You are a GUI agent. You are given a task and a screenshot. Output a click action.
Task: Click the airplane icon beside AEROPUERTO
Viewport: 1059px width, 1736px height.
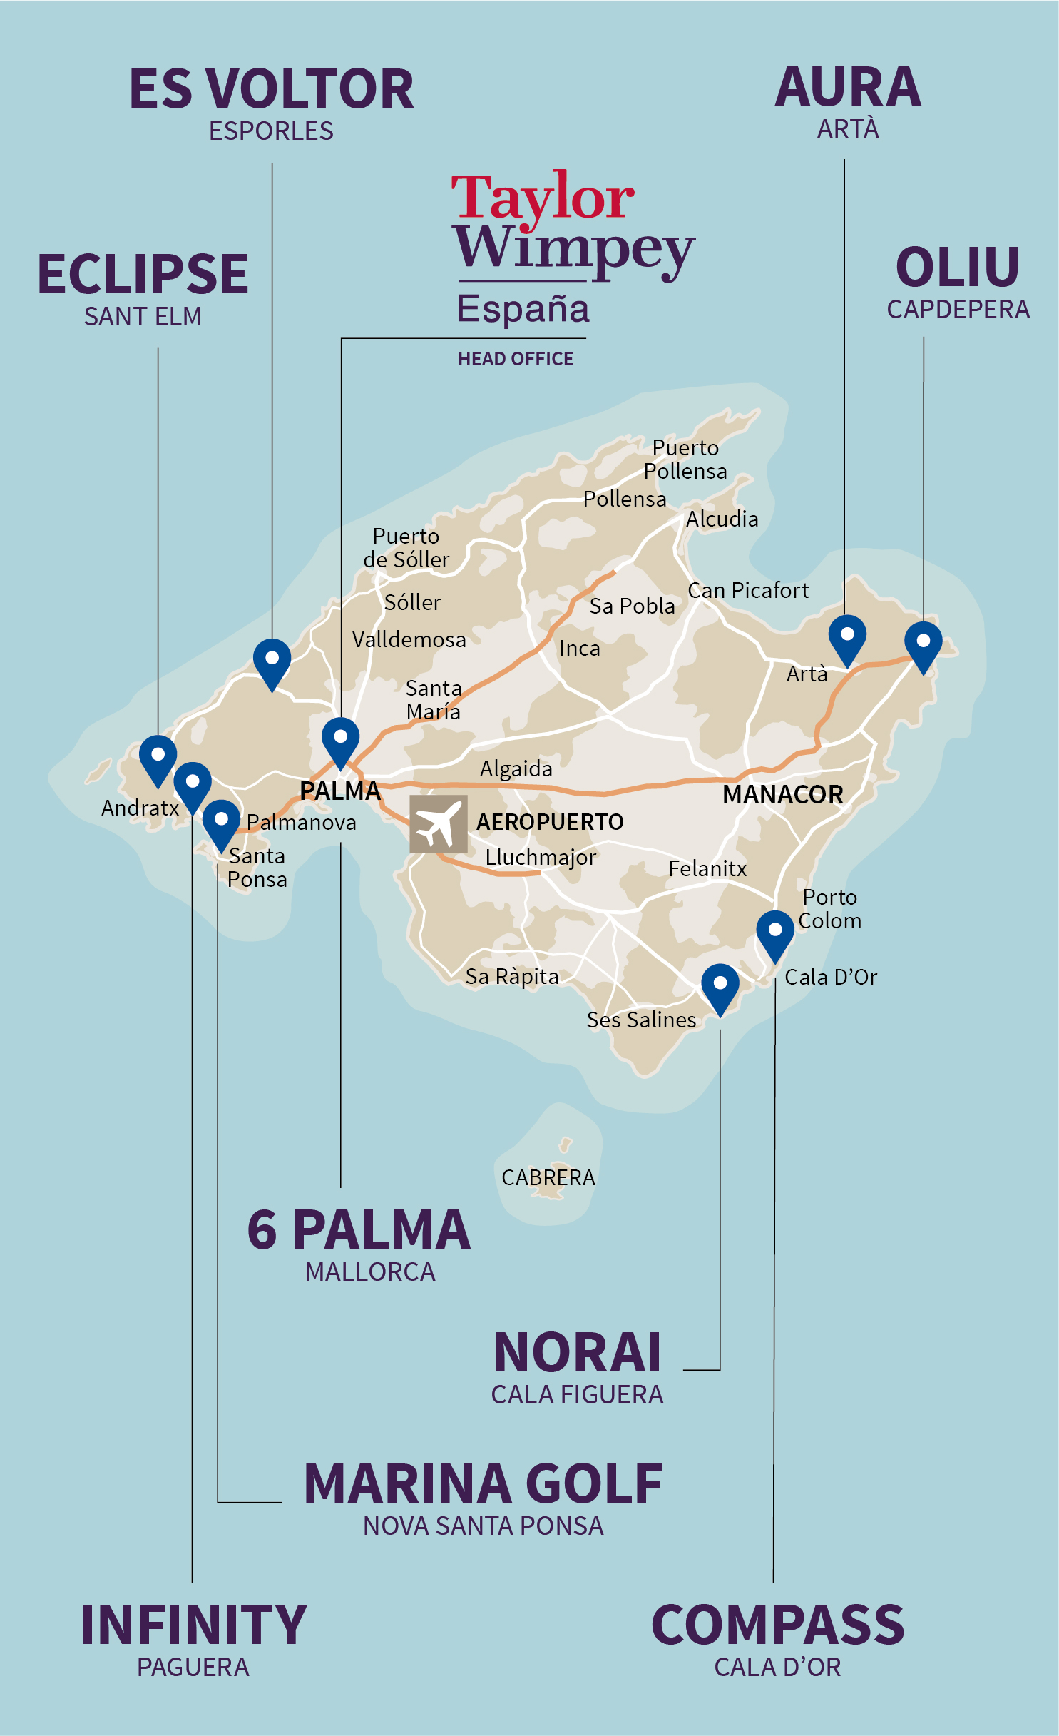pos(438,824)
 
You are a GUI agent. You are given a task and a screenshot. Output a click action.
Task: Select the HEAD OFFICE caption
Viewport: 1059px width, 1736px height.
pos(515,359)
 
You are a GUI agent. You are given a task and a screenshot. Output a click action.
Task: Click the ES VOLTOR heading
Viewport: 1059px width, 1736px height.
pos(271,90)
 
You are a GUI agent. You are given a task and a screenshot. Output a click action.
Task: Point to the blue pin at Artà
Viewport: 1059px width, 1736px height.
pos(847,637)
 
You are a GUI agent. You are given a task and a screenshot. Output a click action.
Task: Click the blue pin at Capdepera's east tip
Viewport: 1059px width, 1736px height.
pos(923,644)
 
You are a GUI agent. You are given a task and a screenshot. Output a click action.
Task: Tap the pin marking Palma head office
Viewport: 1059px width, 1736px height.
pos(340,740)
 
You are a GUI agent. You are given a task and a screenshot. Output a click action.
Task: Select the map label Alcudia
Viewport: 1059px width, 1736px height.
pos(722,519)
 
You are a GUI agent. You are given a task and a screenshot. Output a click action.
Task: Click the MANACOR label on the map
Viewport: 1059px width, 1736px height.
pos(782,794)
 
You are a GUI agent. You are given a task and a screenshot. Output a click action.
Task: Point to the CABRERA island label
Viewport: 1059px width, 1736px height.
pos(548,1177)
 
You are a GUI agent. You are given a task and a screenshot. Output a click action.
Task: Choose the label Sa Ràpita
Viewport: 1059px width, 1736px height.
pos(511,976)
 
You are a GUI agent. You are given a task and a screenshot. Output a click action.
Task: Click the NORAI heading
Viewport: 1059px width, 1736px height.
pos(577,1352)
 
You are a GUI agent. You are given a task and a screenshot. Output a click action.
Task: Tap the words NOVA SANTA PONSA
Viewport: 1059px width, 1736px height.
pos(483,1526)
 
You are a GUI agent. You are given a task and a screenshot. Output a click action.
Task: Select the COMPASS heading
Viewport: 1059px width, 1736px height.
pos(777,1625)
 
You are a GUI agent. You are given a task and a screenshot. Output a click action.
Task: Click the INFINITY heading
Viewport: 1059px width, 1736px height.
pos(193,1625)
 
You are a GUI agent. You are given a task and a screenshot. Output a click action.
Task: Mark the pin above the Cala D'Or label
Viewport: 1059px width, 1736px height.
pos(774,933)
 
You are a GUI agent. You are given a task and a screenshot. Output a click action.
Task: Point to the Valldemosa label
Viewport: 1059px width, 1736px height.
pos(409,639)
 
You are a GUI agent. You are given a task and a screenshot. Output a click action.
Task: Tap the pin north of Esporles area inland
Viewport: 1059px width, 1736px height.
pos(272,661)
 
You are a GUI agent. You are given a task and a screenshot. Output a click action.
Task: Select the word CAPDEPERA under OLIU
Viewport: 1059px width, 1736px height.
pos(958,310)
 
